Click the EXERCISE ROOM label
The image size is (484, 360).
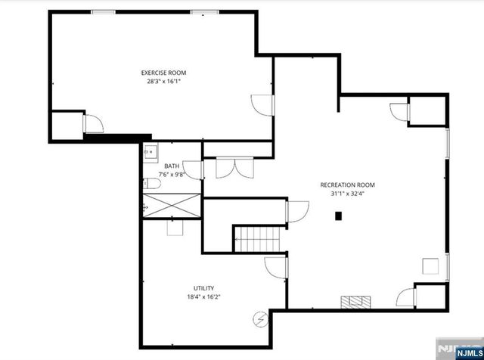163,73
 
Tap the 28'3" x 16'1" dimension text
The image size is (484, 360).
163,80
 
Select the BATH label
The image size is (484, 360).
172,166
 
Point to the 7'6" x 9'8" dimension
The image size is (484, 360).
172,175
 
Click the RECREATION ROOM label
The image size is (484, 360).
347,185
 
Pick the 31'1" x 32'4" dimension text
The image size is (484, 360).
347,194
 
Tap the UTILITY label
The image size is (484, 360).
203,288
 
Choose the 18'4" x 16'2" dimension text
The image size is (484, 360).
203,297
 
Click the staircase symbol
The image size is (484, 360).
256,239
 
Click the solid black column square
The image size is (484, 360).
339,216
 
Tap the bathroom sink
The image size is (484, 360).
148,151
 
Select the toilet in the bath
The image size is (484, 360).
149,184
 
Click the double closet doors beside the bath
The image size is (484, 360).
231,167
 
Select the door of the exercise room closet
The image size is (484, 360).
92,123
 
